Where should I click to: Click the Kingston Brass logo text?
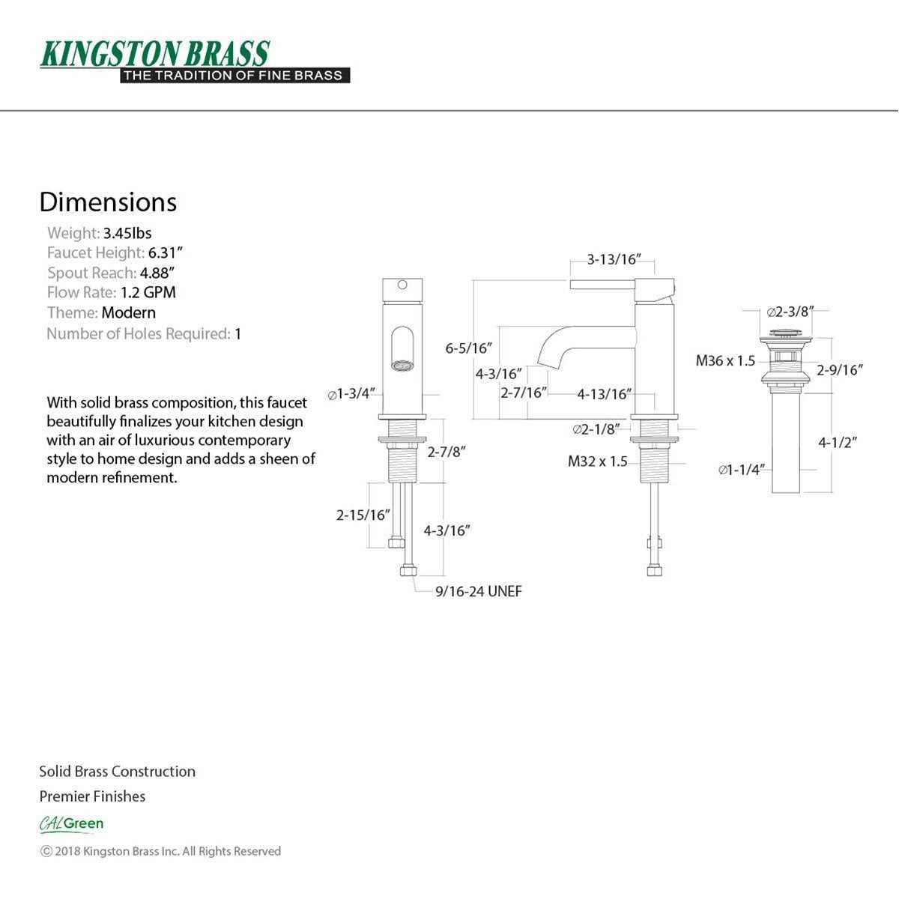coord(155,54)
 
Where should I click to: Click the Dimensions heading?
coord(108,202)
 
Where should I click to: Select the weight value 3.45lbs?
coord(127,233)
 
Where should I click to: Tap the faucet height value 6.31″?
coord(165,252)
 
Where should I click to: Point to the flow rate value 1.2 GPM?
coord(148,292)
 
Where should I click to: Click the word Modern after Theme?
coord(129,312)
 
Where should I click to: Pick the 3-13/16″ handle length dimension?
coord(614,259)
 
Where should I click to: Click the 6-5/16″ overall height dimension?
coord(469,348)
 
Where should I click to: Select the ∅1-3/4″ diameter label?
coord(351,394)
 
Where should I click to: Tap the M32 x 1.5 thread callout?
coord(598,461)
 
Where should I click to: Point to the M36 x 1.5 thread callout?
coord(725,360)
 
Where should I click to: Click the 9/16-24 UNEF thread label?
coord(479,592)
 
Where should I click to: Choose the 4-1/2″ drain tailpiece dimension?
coord(838,442)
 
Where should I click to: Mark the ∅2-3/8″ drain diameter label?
coord(791,312)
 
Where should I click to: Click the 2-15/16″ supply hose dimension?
coord(363,515)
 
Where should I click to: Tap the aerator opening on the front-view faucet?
coord(402,366)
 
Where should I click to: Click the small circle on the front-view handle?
coord(402,285)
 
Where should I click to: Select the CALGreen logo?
coord(71,824)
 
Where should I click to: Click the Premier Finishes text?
coord(92,796)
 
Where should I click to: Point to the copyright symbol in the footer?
coord(46,851)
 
